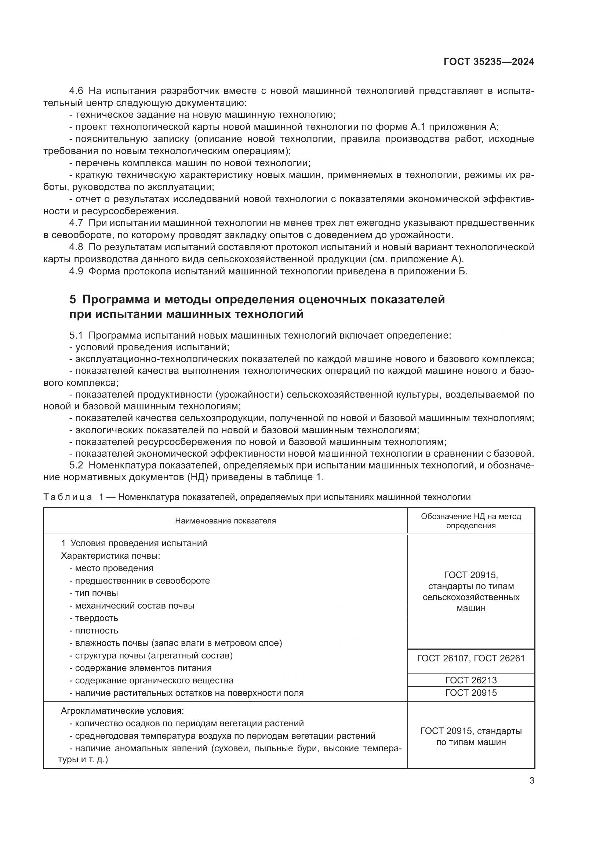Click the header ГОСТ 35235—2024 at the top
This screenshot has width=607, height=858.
(488, 62)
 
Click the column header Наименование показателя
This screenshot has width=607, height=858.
(225, 521)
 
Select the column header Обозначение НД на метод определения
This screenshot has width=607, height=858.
(470, 521)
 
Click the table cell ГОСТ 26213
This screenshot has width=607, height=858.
(470, 680)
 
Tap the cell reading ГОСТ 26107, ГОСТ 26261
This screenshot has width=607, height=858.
(470, 658)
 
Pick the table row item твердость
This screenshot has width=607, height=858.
(96, 618)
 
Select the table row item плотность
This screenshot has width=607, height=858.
(96, 631)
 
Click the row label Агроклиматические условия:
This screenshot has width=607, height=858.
(122, 711)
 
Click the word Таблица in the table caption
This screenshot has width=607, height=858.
(68, 497)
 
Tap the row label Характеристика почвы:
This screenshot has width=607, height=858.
(110, 556)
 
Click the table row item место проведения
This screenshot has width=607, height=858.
(114, 568)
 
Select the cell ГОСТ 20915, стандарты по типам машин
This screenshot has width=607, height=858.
(470, 736)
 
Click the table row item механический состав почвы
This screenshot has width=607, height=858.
(134, 605)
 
